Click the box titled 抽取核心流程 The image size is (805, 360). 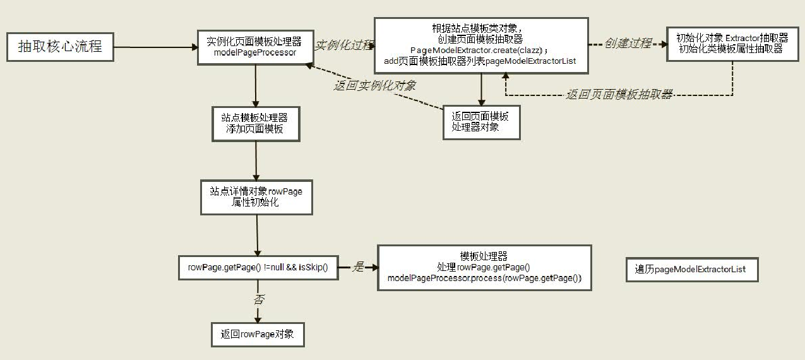click(60, 47)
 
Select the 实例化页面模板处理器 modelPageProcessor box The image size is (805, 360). click(255, 47)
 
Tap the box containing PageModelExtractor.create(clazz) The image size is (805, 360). click(481, 45)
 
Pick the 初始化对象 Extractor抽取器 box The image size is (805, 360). click(732, 44)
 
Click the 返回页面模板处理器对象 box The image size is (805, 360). click(481, 123)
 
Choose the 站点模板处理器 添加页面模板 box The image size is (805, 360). click(256, 124)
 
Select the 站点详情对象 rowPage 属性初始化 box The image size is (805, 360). click(256, 197)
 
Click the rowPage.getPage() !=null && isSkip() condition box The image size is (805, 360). click(258, 268)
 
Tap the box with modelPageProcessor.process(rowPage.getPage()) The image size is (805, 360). click(484, 268)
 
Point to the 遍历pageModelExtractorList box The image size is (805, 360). click(692, 270)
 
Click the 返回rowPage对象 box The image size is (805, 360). click(258, 335)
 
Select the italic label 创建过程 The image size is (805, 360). click(628, 44)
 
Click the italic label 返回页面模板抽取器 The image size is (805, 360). click(619, 94)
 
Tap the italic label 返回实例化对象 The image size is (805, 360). click(375, 86)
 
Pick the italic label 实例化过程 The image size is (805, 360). click(344, 45)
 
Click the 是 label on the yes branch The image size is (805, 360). click(358, 267)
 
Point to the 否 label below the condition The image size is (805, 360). click(259, 299)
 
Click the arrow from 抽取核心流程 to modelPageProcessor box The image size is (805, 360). click(156, 47)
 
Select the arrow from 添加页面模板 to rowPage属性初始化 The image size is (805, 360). click(256, 161)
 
